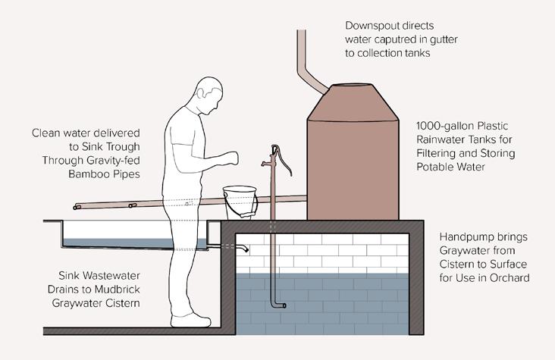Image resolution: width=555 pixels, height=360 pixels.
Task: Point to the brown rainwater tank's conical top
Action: click(353, 102)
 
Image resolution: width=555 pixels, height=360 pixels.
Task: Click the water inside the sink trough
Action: click(129, 243)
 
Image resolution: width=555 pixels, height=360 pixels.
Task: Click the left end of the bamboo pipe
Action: click(77, 206)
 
